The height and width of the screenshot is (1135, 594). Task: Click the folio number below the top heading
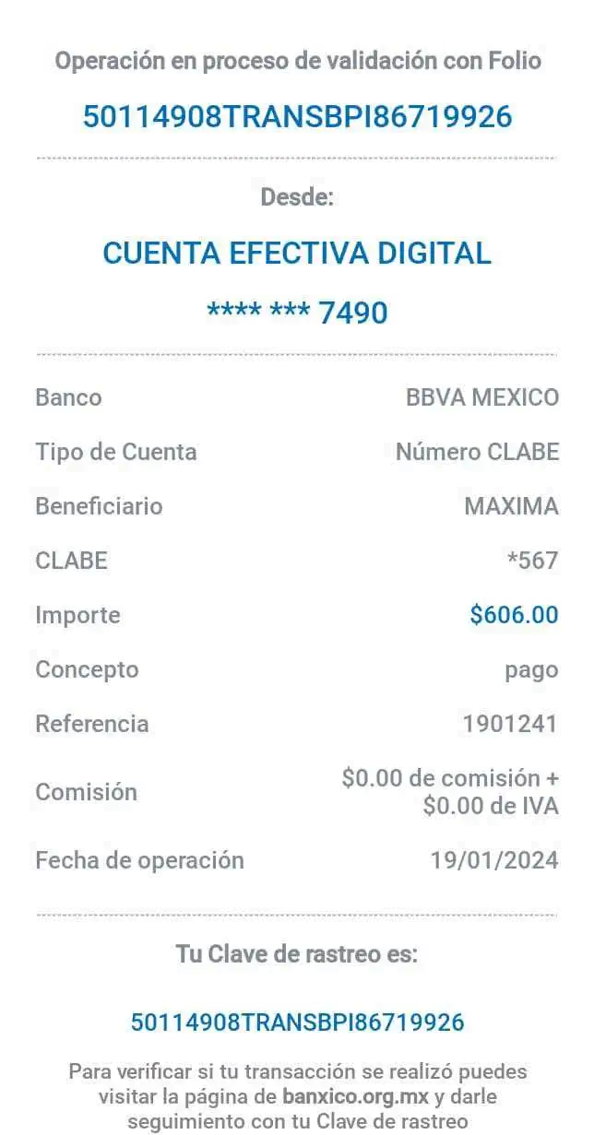(x=297, y=117)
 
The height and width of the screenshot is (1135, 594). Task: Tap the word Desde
(x=298, y=196)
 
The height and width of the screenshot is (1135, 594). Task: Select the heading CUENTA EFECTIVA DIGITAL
(x=297, y=253)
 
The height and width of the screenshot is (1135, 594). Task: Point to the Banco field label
(x=68, y=398)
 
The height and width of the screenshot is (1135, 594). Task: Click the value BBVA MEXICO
(x=482, y=398)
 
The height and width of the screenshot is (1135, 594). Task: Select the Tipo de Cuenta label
(x=116, y=452)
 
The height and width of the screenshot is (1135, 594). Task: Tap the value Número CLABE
(x=477, y=452)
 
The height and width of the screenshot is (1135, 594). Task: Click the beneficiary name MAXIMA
(x=511, y=506)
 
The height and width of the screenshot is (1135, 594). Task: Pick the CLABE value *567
(x=532, y=560)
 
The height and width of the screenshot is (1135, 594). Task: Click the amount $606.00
(x=514, y=615)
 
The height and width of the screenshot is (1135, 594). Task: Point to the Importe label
(x=77, y=615)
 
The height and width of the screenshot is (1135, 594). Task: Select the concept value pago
(x=531, y=669)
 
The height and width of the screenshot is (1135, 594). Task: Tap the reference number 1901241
(x=510, y=724)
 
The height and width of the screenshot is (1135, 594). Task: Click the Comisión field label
(x=86, y=792)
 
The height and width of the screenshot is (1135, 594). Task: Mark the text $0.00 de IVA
(x=491, y=807)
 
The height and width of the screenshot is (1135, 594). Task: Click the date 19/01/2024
(x=494, y=860)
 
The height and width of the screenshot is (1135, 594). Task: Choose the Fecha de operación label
(x=139, y=860)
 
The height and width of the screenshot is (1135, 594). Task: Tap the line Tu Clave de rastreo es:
(x=297, y=954)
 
